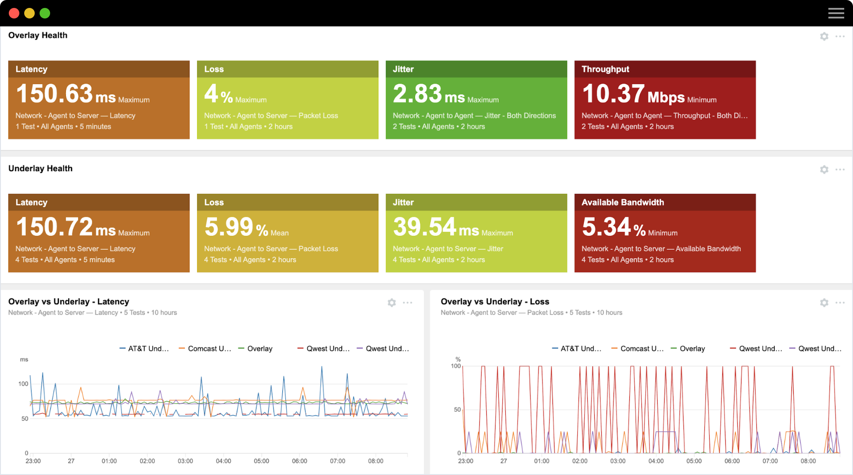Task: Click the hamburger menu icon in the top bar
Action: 836,13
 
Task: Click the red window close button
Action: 14,13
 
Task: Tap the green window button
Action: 45,13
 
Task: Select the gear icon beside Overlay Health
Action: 824,37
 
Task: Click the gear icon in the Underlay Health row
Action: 824,170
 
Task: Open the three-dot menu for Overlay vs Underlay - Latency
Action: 408,303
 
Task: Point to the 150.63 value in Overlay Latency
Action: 54,94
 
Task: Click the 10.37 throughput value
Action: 613,94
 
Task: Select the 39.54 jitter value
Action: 424,227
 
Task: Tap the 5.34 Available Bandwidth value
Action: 606,227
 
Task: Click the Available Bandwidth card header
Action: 623,202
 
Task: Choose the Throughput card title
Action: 605,69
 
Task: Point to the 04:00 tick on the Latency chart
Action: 223,461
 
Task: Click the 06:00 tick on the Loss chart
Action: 732,461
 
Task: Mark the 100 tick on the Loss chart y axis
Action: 456,366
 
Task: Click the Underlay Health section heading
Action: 40,168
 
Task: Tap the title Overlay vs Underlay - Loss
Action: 495,302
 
